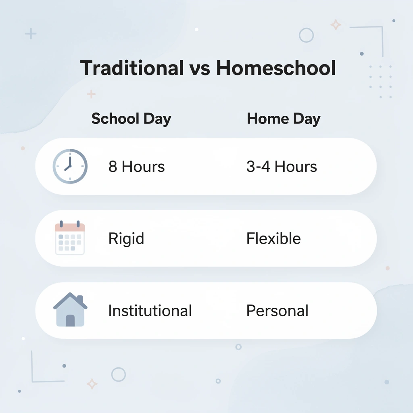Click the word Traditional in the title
[x=131, y=68]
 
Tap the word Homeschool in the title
[x=276, y=68]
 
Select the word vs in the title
[x=200, y=69]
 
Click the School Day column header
[x=131, y=119]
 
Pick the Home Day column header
[x=284, y=119]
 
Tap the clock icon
[x=70, y=166]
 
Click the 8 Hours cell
[x=136, y=167]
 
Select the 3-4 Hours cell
[x=282, y=167]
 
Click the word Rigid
[x=126, y=239]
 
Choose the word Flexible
[x=273, y=238]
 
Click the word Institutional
[x=150, y=311]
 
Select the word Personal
[x=277, y=311]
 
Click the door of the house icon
[x=70, y=320]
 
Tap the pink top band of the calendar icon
[x=70, y=228]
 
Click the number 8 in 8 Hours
[x=113, y=167]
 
